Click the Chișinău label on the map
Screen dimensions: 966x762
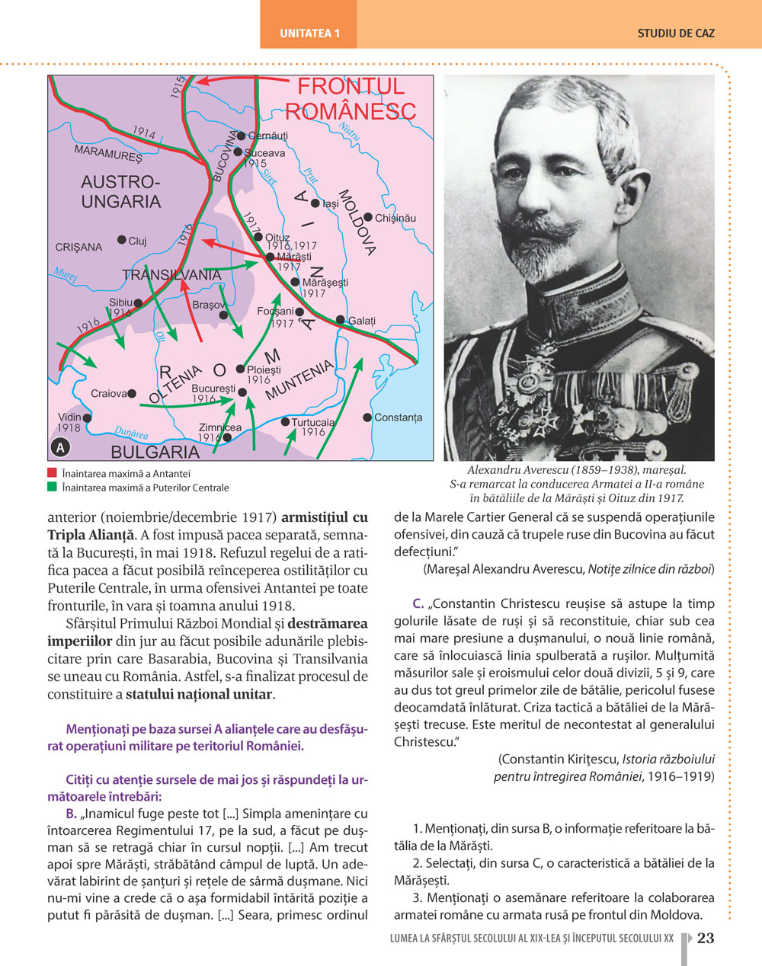(x=395, y=218)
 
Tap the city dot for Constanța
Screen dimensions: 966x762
(x=367, y=417)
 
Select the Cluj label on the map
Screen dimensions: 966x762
(x=137, y=241)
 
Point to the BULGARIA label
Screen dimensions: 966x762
(x=155, y=452)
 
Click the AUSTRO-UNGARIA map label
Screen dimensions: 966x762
(x=121, y=192)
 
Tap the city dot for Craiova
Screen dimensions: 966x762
(x=132, y=394)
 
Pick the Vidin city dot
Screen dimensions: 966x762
(x=88, y=418)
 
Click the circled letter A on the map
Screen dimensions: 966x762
(x=60, y=448)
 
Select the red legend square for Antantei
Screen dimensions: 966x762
(x=52, y=473)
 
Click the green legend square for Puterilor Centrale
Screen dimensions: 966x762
(x=52, y=487)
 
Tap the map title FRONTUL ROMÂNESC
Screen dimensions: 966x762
(x=351, y=98)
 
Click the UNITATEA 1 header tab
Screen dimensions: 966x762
(x=309, y=34)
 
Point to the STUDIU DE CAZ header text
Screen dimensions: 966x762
(x=676, y=34)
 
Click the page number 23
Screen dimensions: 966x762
(x=706, y=938)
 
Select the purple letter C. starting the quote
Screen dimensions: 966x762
(x=418, y=603)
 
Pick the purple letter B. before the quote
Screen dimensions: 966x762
(x=72, y=814)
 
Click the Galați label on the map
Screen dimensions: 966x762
(x=362, y=321)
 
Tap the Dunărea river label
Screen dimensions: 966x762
(x=131, y=433)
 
